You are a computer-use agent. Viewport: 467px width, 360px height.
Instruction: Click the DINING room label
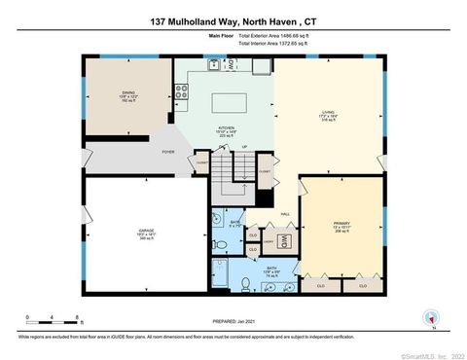coord(128,93)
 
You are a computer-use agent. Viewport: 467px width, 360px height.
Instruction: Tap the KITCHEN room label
coord(224,128)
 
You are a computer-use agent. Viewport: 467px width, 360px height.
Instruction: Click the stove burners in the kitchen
coord(181,92)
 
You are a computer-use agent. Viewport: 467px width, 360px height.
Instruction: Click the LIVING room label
coord(328,112)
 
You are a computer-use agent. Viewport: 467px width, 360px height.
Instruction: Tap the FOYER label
coord(167,152)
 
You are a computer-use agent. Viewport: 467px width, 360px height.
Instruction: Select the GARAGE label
coord(145,231)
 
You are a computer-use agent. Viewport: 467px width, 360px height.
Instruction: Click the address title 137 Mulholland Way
coord(233,20)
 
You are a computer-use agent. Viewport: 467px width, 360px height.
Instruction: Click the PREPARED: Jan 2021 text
coord(233,321)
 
